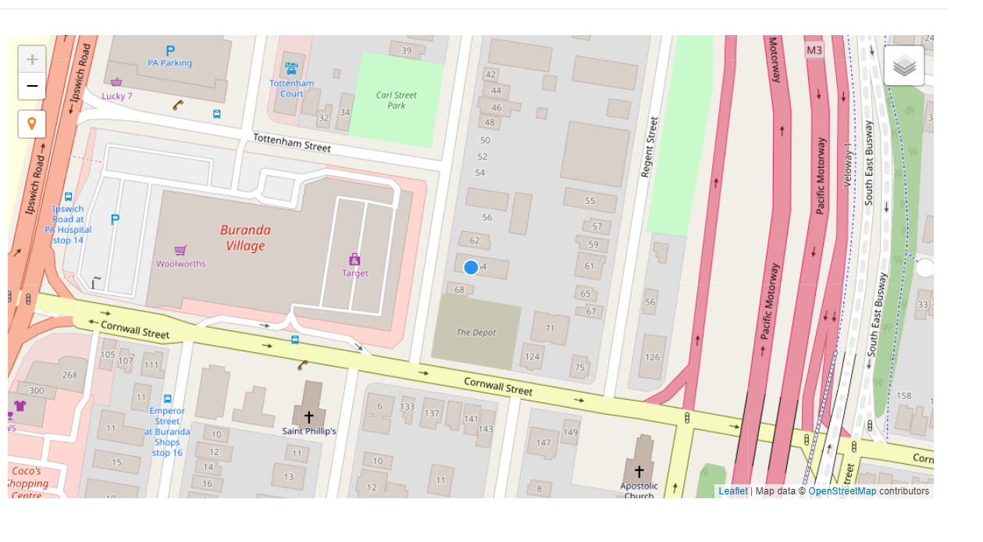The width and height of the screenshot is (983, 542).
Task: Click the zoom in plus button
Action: tap(32, 59)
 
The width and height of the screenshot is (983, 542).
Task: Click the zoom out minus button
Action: tap(32, 86)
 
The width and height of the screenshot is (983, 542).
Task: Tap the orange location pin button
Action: tap(32, 123)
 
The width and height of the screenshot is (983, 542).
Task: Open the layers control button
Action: tap(904, 66)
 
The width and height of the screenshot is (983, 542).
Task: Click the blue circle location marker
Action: tap(471, 267)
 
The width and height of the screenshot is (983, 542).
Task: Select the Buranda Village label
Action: tap(245, 238)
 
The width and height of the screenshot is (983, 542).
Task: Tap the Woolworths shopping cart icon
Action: tap(180, 251)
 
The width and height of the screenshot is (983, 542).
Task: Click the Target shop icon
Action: tap(354, 259)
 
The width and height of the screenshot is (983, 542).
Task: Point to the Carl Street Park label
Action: tap(397, 100)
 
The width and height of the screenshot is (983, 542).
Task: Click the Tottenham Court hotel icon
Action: tap(291, 69)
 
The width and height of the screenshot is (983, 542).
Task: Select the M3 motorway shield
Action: tap(814, 51)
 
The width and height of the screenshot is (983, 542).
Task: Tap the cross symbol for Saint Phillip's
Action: tap(309, 418)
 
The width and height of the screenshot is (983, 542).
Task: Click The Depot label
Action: tap(476, 333)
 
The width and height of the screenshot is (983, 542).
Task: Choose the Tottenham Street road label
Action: tap(292, 143)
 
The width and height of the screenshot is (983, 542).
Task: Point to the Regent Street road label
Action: tap(650, 147)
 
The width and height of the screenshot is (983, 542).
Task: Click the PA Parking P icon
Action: tap(169, 51)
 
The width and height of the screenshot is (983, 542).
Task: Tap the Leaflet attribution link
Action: tap(733, 491)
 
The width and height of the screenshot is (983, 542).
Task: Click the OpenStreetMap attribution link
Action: tap(842, 491)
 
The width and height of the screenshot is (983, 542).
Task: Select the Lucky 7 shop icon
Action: tap(116, 82)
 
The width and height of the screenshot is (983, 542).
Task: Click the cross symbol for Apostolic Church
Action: tap(639, 471)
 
